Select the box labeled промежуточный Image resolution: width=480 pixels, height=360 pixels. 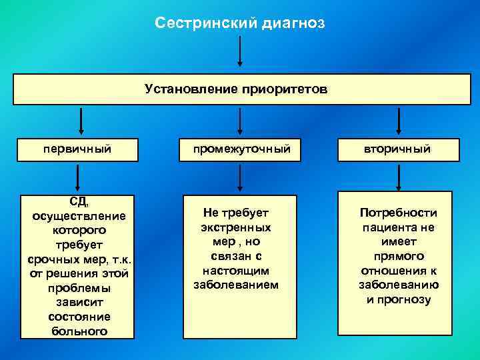coord(240,149)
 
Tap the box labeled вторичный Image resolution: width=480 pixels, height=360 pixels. coord(398,149)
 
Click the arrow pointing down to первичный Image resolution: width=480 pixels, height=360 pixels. coord(80,121)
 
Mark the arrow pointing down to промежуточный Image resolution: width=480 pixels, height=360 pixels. coord(240,121)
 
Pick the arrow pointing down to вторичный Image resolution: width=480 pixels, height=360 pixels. coord(399,121)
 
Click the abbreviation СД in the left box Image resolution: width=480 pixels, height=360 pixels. coord(79,201)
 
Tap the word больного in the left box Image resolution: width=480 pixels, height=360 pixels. coord(79,331)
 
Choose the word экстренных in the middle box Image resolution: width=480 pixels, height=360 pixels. coord(235,227)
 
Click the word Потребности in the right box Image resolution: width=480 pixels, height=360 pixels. coord(398,213)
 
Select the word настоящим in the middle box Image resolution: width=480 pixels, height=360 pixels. coord(235,271)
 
